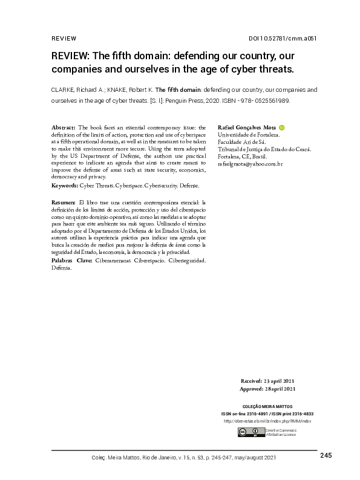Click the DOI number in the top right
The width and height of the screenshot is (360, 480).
(x=283, y=39)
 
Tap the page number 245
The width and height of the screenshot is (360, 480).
(x=326, y=455)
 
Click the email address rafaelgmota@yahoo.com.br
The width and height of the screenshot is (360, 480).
(x=249, y=164)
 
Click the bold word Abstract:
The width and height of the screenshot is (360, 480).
(x=64, y=128)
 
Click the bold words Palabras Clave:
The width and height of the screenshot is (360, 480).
(x=71, y=260)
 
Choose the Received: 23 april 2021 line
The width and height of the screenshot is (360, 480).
(x=268, y=381)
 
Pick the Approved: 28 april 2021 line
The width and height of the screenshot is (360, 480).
(x=267, y=389)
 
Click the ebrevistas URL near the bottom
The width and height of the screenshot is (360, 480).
(x=267, y=421)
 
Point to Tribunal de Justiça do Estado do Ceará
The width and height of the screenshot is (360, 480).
(x=263, y=149)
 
